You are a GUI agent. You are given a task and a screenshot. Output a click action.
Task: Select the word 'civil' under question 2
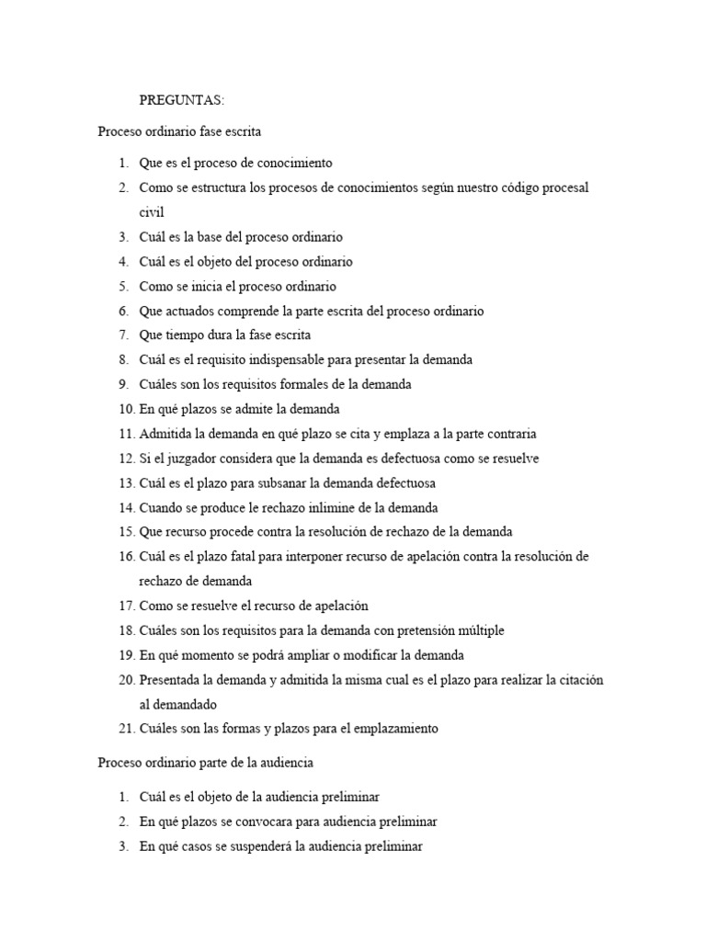152,212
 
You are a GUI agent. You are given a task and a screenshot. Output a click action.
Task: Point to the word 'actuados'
187,311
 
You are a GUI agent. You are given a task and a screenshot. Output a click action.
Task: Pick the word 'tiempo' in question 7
184,335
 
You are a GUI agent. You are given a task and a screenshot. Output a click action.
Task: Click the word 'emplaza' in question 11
418,434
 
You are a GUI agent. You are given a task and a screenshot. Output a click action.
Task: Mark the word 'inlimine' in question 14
318,507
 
